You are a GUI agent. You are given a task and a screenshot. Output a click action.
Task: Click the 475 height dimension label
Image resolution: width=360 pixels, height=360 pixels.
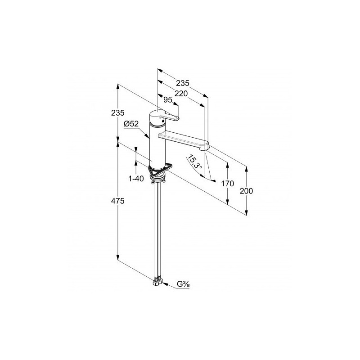click(x=117, y=201)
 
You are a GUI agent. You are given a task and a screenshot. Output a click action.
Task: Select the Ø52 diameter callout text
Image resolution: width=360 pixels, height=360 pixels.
click(x=131, y=124)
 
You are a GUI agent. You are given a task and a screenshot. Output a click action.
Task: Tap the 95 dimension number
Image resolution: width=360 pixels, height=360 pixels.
click(x=167, y=99)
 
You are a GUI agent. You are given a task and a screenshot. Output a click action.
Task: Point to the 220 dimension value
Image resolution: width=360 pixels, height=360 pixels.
click(x=181, y=94)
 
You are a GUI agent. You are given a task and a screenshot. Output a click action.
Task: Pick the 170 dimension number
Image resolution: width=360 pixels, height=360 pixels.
click(x=228, y=184)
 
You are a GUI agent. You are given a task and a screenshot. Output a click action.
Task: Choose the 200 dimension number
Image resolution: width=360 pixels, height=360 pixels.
click(x=246, y=191)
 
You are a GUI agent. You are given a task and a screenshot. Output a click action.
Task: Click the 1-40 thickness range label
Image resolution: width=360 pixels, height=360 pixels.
click(x=136, y=178)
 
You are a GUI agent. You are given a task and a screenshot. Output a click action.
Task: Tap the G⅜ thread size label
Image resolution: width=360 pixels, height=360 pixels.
click(x=183, y=284)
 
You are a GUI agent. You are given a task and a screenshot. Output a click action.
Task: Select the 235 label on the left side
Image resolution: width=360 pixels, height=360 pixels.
click(x=117, y=113)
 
